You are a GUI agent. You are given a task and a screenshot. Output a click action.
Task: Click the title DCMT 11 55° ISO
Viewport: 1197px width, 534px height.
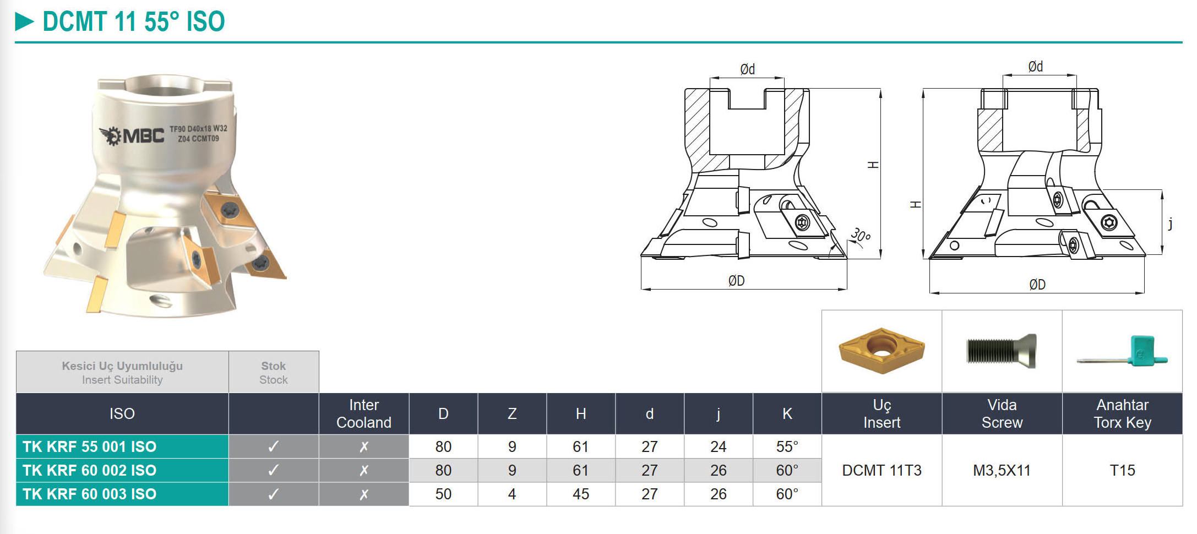[133, 22]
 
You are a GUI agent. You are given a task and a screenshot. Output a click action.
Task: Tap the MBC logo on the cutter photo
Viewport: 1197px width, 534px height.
[132, 135]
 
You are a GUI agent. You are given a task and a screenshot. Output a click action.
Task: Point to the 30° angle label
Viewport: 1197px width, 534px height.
[861, 236]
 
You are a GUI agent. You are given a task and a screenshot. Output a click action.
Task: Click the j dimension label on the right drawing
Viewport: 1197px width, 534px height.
[1170, 223]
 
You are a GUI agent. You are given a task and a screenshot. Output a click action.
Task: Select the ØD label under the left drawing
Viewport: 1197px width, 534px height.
[736, 281]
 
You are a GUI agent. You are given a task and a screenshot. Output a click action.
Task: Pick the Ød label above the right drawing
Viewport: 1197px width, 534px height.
[1035, 67]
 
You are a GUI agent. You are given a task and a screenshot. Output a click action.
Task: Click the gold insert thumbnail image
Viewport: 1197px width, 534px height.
[882, 351]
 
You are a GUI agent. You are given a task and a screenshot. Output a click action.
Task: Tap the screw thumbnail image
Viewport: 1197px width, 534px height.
[1001, 351]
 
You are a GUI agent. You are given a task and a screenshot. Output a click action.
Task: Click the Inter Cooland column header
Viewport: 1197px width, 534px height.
[363, 413]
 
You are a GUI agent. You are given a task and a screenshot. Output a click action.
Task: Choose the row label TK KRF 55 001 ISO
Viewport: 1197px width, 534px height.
[90, 446]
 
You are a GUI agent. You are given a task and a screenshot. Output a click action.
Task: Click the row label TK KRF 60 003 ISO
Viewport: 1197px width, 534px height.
[90, 494]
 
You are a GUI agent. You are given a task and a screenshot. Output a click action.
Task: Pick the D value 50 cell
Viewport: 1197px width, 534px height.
[443, 494]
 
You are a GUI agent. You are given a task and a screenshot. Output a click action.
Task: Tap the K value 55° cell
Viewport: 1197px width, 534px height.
[787, 446]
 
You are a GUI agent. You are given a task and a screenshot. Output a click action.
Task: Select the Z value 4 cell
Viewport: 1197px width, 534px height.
[512, 494]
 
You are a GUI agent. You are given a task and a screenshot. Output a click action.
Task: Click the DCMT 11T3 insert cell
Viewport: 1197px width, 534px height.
[882, 470]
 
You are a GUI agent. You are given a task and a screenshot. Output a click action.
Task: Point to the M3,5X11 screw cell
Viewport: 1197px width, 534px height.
[1002, 470]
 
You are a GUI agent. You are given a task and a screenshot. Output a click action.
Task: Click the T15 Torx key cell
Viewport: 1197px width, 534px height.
[1122, 470]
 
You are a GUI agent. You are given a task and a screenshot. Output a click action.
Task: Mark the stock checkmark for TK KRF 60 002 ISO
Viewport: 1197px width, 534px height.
[273, 470]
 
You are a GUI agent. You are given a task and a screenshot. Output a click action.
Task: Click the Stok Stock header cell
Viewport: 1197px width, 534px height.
[273, 373]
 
